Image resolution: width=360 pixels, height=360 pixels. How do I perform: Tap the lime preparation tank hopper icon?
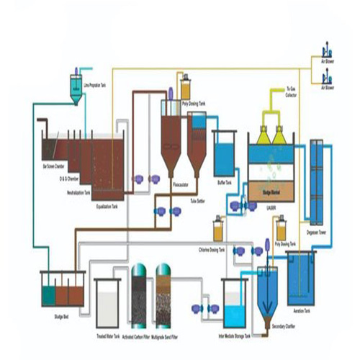point(76,85)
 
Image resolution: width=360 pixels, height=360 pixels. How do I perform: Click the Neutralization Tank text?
point(77,193)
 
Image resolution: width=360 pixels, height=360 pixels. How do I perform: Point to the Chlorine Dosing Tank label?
point(212,250)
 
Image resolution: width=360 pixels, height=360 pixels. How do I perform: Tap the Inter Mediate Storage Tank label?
point(235,336)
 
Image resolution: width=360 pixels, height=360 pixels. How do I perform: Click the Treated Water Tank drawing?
point(108,302)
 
